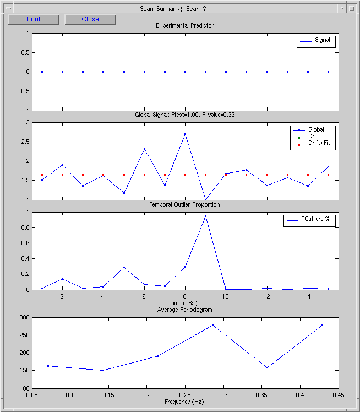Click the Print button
[34, 19]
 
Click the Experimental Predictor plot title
[184, 25]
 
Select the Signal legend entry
[316, 41]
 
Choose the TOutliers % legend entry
[309, 220]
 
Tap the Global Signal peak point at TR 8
[185, 134]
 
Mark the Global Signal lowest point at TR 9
[205, 199]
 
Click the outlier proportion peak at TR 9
[205, 216]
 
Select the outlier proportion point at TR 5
[124, 268]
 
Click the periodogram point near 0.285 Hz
[212, 326]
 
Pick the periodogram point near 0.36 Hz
[267, 367]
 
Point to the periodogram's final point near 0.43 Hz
[322, 326]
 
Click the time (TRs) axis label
[184, 303]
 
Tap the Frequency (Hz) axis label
[184, 402]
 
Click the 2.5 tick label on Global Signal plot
[25, 142]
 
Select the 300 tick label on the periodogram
[24, 317]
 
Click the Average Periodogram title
[184, 310]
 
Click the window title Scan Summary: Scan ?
[173, 9]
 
